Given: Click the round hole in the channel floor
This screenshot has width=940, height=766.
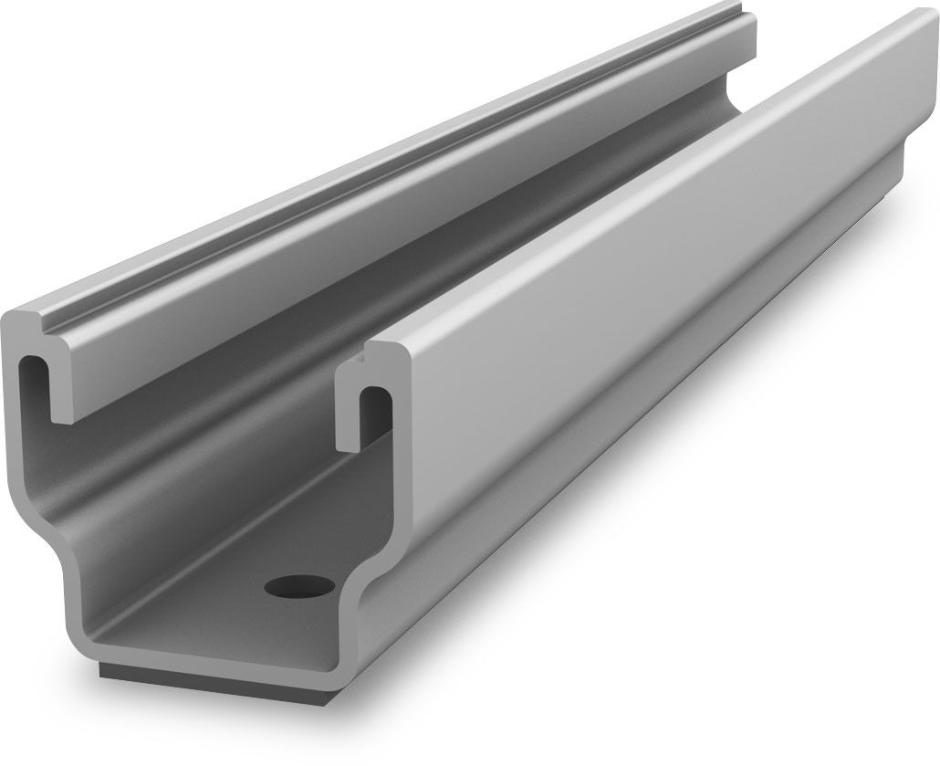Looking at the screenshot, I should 299,584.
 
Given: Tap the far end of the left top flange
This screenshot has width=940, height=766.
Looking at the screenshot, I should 744,27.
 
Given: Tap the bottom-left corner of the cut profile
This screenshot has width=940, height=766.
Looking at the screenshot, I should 78,639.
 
